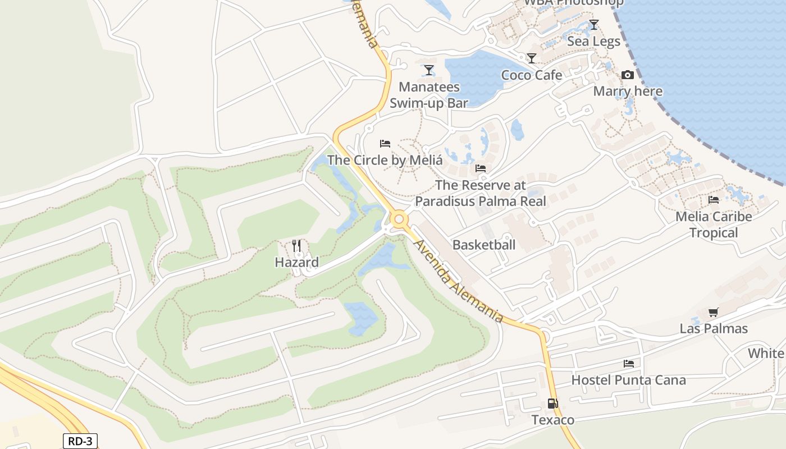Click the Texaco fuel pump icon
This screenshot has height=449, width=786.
pyautogui.click(x=552, y=404)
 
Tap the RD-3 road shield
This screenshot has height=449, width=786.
pyautogui.click(x=80, y=441)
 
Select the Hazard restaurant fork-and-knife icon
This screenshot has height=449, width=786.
pyautogui.click(x=296, y=246)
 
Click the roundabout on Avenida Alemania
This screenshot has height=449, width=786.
pyautogui.click(x=400, y=219)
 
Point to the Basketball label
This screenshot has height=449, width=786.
pyautogui.click(x=484, y=245)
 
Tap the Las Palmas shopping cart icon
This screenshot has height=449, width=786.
pyautogui.click(x=713, y=312)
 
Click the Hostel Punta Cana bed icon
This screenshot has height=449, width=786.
pyautogui.click(x=628, y=364)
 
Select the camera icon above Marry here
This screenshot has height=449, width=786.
pyautogui.click(x=627, y=75)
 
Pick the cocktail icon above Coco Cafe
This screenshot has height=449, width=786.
pyautogui.click(x=531, y=58)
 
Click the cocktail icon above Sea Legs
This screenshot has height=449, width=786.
pyautogui.click(x=593, y=25)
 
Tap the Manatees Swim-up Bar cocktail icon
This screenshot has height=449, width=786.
pyautogui.click(x=429, y=70)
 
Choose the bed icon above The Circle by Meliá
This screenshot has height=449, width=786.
pyautogui.click(x=385, y=144)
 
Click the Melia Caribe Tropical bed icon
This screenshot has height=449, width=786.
pyautogui.click(x=713, y=200)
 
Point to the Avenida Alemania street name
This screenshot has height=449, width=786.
pyautogui.click(x=458, y=281)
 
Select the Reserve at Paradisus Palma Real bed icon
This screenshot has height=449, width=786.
pyautogui.click(x=481, y=168)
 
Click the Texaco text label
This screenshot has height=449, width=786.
pyautogui.click(x=553, y=420)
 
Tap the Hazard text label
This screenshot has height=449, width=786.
pyautogui.click(x=296, y=262)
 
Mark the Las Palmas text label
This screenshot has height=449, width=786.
pyautogui.click(x=714, y=328)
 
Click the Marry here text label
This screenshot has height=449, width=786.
pyautogui.click(x=628, y=91)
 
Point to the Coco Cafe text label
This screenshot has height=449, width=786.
pyautogui.click(x=531, y=75)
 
